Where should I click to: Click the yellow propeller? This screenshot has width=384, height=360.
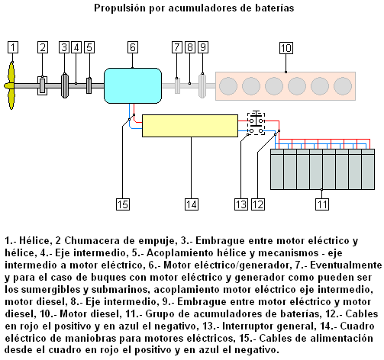[x=11, y=86]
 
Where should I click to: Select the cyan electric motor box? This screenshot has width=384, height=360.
[x=133, y=85]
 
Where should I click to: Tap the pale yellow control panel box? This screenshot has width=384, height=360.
[x=190, y=126]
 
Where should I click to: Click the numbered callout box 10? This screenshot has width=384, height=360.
[x=286, y=48]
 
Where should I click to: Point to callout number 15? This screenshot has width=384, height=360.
[x=123, y=204]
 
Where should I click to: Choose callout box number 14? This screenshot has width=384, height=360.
[x=192, y=204]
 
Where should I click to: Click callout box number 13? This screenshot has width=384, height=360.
[x=241, y=204]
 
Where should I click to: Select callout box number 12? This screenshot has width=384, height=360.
[x=258, y=204]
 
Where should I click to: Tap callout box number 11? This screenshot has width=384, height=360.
[x=322, y=204]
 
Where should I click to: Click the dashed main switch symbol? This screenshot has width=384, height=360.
[x=256, y=124]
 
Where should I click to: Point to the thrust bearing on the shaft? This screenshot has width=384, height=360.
[x=42, y=85]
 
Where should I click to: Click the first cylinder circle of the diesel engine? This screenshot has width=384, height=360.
[x=228, y=86]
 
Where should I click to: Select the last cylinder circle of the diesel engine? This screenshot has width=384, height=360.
[x=343, y=86]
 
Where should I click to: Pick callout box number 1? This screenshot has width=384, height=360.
[x=13, y=47]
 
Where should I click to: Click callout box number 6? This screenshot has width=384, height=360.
[x=133, y=47]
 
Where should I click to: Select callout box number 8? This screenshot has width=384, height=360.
[x=190, y=47]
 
